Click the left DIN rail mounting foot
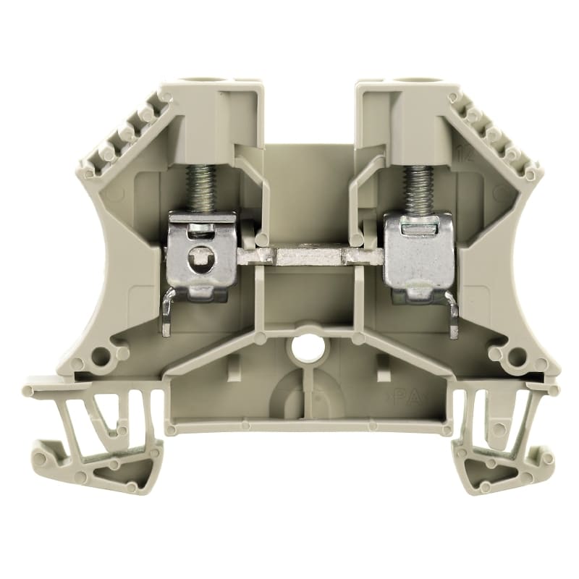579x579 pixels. pyautogui.click(x=94, y=434)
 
